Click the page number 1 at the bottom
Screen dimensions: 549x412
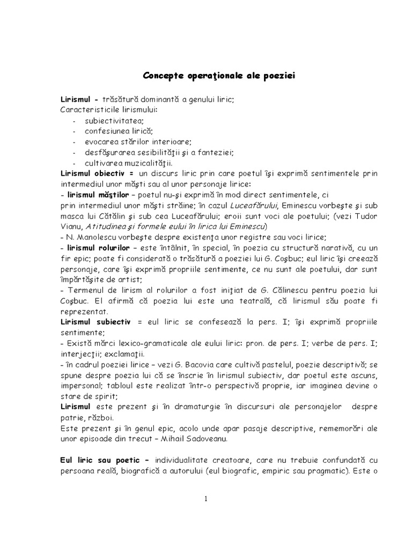point(205,499)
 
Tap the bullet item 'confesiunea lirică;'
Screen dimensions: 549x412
point(119,131)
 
